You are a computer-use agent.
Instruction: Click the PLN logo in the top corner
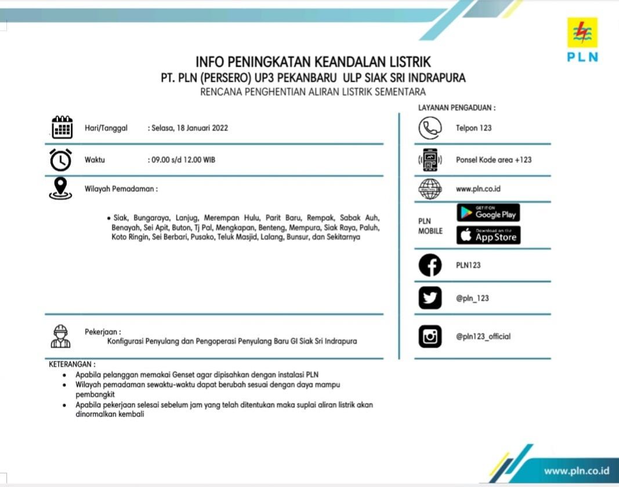[x=582, y=39]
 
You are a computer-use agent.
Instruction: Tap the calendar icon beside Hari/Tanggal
[x=62, y=128]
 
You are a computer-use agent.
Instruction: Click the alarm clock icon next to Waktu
[x=61, y=159]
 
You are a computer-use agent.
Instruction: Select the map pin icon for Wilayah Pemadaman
[x=61, y=188]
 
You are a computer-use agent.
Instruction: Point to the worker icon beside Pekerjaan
[x=60, y=336]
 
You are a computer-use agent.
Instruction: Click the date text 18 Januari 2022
[x=190, y=128]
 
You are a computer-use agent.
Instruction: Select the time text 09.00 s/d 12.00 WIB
[x=183, y=159]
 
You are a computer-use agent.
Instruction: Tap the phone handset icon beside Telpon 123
[x=430, y=128]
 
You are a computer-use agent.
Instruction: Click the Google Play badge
[x=488, y=213]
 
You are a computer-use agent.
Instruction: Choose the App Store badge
[x=488, y=235]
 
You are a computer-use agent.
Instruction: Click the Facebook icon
[x=430, y=266]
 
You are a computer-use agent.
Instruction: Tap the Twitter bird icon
[x=430, y=298]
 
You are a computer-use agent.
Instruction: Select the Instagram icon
[x=430, y=336]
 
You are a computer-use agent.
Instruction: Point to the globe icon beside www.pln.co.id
[x=430, y=189]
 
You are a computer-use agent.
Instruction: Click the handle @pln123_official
[x=483, y=336]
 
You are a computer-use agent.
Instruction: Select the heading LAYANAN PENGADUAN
[x=457, y=108]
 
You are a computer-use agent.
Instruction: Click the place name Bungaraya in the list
[x=151, y=218]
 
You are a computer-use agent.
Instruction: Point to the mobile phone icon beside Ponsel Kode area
[x=430, y=160]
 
